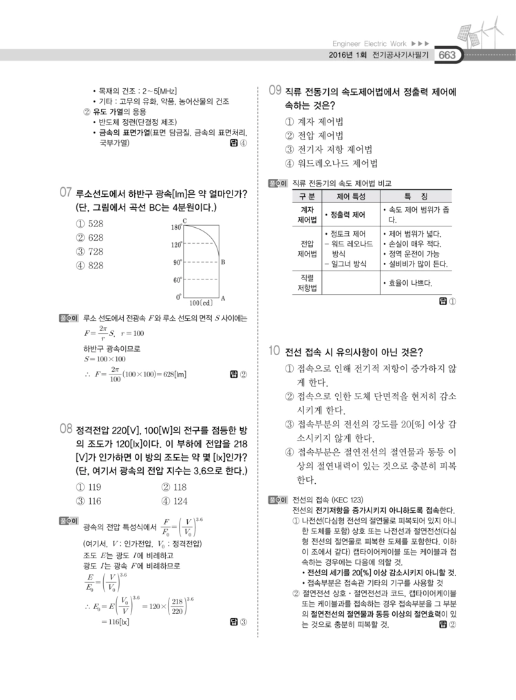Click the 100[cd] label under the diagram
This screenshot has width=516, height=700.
pos(201,302)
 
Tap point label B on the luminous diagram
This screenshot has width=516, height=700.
pos(224,262)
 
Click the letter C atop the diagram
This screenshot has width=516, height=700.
pos(185,220)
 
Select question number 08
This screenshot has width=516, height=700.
pos(66,429)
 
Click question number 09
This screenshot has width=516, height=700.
pos(275,91)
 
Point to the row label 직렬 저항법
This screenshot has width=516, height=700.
pos(307,283)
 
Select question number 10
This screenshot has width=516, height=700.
pos(275,351)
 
